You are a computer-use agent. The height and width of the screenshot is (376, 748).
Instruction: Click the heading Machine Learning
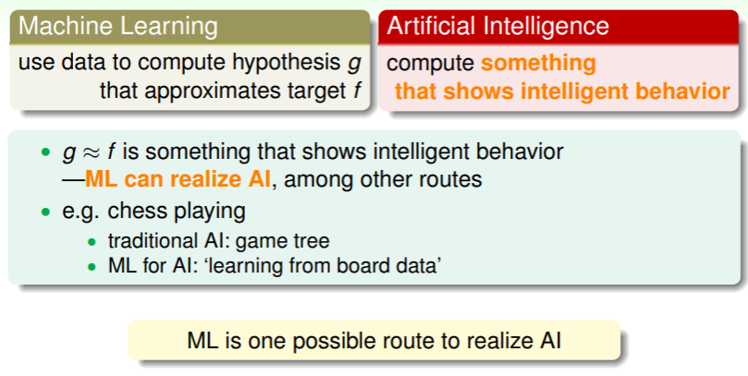pyautogui.click(x=117, y=26)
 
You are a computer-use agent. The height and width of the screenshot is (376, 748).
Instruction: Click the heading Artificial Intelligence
pyautogui.click(x=497, y=26)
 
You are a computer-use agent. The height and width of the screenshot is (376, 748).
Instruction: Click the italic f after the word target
pyautogui.click(x=357, y=90)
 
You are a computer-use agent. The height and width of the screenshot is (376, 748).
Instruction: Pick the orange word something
pyautogui.click(x=538, y=64)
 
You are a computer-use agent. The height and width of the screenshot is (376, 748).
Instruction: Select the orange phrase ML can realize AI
pyautogui.click(x=178, y=179)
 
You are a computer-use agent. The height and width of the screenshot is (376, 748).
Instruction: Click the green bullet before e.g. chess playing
pyautogui.click(x=46, y=212)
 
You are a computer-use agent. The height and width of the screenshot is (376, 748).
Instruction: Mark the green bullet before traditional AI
pyautogui.click(x=92, y=242)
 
